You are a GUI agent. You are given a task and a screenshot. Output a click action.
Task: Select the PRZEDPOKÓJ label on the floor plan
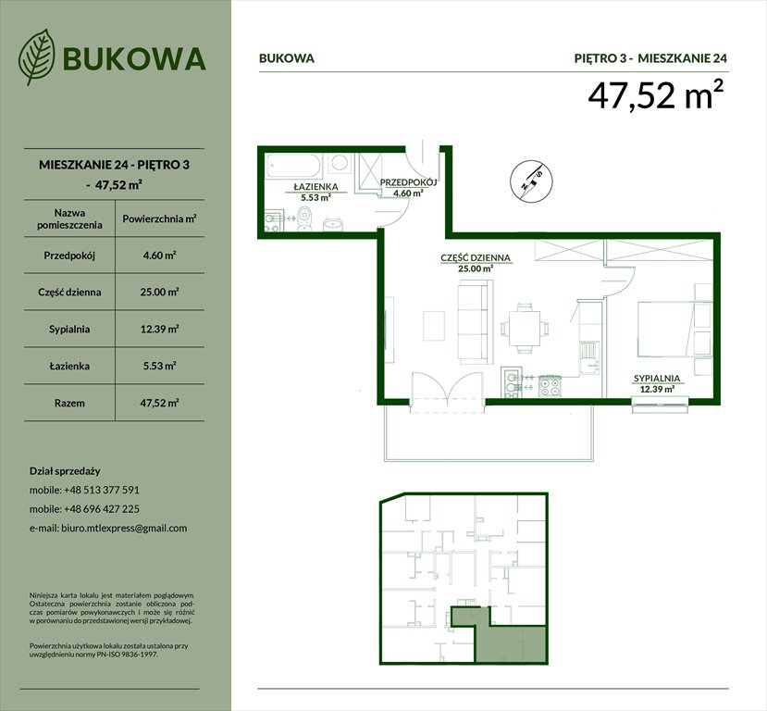point(407,182)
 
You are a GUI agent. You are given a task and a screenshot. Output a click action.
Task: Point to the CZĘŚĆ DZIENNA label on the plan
point(475,258)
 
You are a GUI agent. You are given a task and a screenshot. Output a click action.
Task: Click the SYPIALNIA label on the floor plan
point(657,379)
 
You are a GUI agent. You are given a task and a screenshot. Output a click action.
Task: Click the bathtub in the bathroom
point(294,167)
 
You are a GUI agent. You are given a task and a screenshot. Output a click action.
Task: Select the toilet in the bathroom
point(307,220)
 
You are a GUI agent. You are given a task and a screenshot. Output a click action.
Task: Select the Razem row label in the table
point(69,403)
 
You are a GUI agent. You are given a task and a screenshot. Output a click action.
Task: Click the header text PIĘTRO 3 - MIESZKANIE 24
point(650,57)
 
